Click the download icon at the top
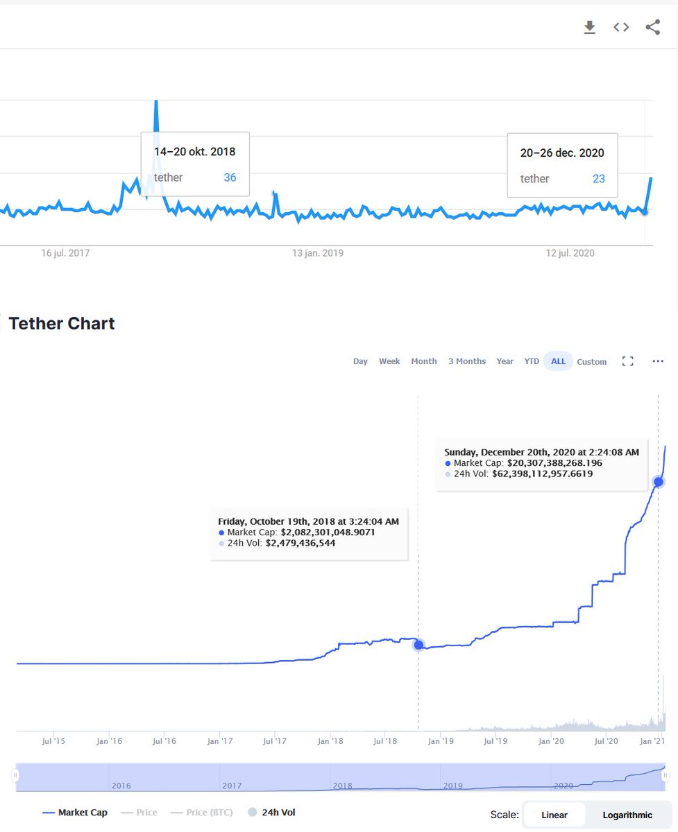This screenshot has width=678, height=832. [x=589, y=28]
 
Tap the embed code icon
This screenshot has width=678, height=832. [x=621, y=28]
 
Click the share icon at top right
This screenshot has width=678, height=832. [x=652, y=28]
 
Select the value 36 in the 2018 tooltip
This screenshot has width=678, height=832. [x=230, y=177]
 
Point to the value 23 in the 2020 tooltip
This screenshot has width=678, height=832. [x=598, y=179]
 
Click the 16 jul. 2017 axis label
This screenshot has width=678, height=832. [x=66, y=253]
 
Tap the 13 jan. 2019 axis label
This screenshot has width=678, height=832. [x=318, y=253]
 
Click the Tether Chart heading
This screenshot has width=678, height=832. [x=62, y=323]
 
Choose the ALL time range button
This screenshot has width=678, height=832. [x=558, y=361]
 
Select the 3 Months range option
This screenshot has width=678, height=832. [x=467, y=361]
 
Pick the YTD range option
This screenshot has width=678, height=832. [x=532, y=361]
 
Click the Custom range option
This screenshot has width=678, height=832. [x=591, y=362]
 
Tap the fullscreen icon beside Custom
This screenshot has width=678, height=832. [x=627, y=361]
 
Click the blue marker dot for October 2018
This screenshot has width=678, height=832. [x=418, y=645]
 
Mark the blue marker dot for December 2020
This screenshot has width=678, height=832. [x=659, y=481]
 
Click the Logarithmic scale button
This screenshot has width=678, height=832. [x=627, y=815]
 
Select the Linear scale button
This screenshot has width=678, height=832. [x=554, y=815]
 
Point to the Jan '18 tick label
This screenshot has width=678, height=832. [x=330, y=741]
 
